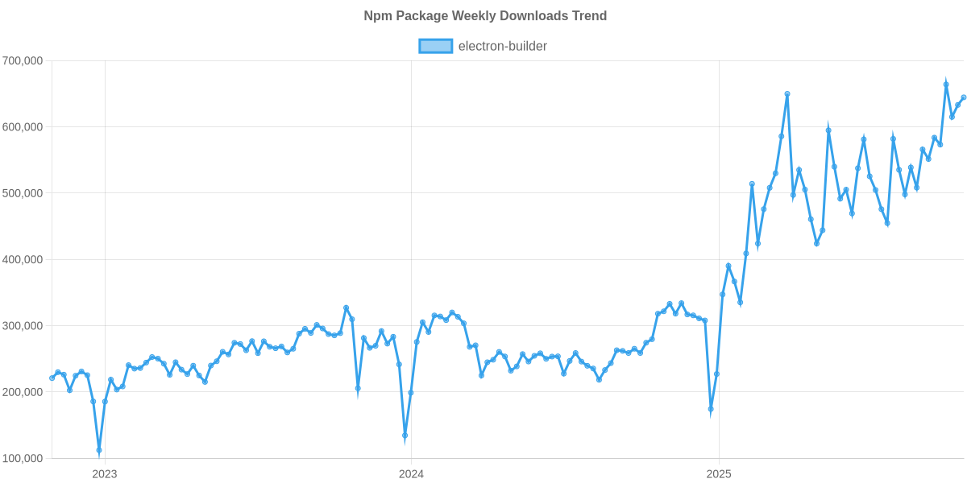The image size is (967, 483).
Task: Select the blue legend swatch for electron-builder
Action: click(x=435, y=46)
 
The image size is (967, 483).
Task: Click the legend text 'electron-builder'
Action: click(x=502, y=46)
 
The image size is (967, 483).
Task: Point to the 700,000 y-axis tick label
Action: click(x=23, y=60)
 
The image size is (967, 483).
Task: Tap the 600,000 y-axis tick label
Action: click(x=23, y=127)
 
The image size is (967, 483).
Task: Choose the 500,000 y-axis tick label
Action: click(x=23, y=193)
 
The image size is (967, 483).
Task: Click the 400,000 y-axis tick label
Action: click(x=23, y=259)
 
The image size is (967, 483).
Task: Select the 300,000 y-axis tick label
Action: click(x=23, y=326)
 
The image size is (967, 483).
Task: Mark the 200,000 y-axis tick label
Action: click(x=23, y=392)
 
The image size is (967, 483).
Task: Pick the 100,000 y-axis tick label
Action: click(x=23, y=458)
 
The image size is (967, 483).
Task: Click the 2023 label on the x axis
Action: click(x=105, y=474)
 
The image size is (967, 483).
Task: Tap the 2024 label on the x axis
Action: click(x=412, y=474)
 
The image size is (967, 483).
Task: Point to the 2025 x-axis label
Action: click(x=718, y=474)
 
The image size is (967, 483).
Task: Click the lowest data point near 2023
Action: click(x=99, y=451)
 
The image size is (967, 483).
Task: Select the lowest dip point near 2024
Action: click(x=405, y=436)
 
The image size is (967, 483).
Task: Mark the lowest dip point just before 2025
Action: click(x=711, y=410)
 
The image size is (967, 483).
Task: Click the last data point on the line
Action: click(x=963, y=97)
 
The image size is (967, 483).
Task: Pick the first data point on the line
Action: click(x=52, y=378)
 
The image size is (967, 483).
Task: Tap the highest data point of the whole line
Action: click(x=946, y=84)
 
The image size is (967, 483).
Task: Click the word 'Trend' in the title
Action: click(x=591, y=16)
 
